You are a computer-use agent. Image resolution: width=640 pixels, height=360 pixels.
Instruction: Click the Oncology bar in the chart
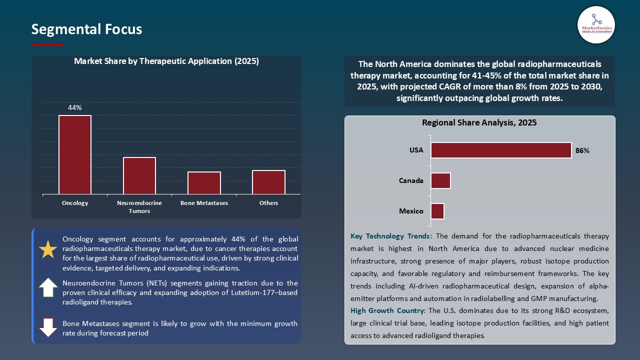[x=75, y=154]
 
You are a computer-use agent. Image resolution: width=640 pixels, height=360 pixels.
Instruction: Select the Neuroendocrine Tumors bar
[x=139, y=175]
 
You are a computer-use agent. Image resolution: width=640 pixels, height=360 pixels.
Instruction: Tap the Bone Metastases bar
[x=204, y=182]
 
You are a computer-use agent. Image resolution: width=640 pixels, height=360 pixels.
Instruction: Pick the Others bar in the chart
[x=268, y=182]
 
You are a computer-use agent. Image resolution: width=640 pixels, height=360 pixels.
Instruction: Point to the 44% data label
[x=75, y=107]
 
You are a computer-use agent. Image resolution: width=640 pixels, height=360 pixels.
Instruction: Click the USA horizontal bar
[x=501, y=150]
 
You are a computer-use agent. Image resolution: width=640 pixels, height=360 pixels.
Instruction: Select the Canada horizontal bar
[x=440, y=180]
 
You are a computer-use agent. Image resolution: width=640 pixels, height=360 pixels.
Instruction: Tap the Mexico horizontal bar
[x=437, y=211]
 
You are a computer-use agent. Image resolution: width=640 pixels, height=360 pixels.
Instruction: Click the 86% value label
[x=582, y=150]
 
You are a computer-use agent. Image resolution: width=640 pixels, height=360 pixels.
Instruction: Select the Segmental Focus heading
[x=86, y=29]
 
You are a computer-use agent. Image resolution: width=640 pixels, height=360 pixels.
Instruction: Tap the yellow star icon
[x=48, y=249]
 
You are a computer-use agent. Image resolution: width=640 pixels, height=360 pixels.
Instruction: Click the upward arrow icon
[x=48, y=287]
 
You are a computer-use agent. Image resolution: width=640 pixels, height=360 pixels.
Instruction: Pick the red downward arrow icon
[x=48, y=327]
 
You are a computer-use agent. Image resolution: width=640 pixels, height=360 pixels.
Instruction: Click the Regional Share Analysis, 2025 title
[x=479, y=122]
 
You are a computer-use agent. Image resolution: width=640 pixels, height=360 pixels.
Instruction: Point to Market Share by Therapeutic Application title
[x=166, y=61]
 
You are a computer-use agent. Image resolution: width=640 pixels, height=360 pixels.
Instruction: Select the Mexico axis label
[x=411, y=211]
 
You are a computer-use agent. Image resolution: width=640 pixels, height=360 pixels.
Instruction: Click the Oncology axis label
[x=75, y=203]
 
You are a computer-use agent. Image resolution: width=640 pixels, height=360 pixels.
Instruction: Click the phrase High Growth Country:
[x=388, y=311]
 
